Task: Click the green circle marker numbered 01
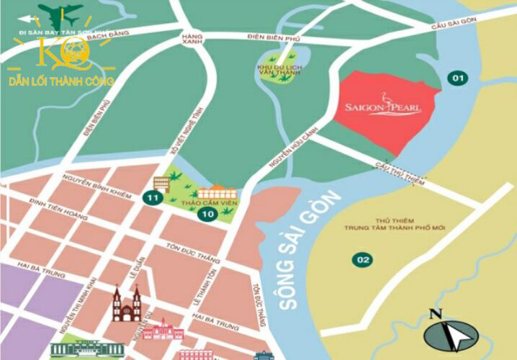tap(457, 78)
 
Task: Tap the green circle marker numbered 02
tap(362, 259)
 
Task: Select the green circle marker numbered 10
tap(207, 214)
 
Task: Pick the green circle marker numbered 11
tap(152, 198)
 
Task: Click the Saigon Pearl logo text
tap(384, 109)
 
